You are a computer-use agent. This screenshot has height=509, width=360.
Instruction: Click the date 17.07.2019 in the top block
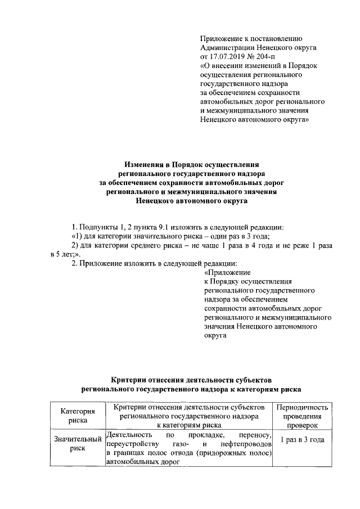(231, 57)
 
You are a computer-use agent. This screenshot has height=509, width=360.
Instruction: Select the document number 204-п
(267, 57)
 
